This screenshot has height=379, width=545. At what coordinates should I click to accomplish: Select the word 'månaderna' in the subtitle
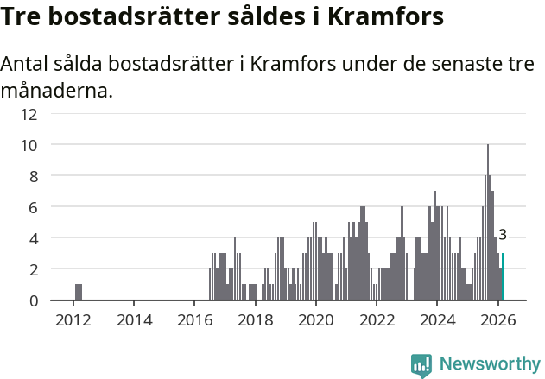click(x=56, y=90)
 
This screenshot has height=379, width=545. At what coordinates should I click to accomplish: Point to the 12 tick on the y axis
click(x=53, y=114)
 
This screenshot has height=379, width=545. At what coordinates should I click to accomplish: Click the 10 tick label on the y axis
click(x=53, y=145)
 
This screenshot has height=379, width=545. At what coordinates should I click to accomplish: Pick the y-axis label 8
click(x=57, y=176)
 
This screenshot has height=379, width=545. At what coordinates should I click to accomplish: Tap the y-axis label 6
click(x=57, y=207)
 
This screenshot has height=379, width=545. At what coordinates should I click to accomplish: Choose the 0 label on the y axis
click(x=57, y=300)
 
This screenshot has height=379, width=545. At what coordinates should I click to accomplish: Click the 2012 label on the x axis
click(x=73, y=320)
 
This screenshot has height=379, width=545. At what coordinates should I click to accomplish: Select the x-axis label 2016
click(x=194, y=320)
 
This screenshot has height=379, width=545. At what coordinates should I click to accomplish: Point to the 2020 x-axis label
click(x=315, y=320)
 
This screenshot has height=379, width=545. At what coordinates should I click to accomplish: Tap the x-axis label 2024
click(x=437, y=320)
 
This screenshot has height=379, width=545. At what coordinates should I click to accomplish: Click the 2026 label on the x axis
click(x=497, y=320)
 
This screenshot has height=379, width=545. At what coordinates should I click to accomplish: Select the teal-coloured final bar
click(x=503, y=277)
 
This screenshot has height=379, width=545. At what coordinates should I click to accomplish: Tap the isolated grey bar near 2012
click(x=79, y=292)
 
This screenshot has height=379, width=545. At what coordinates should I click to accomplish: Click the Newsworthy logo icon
click(x=421, y=365)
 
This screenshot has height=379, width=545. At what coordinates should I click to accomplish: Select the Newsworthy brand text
click(x=489, y=364)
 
